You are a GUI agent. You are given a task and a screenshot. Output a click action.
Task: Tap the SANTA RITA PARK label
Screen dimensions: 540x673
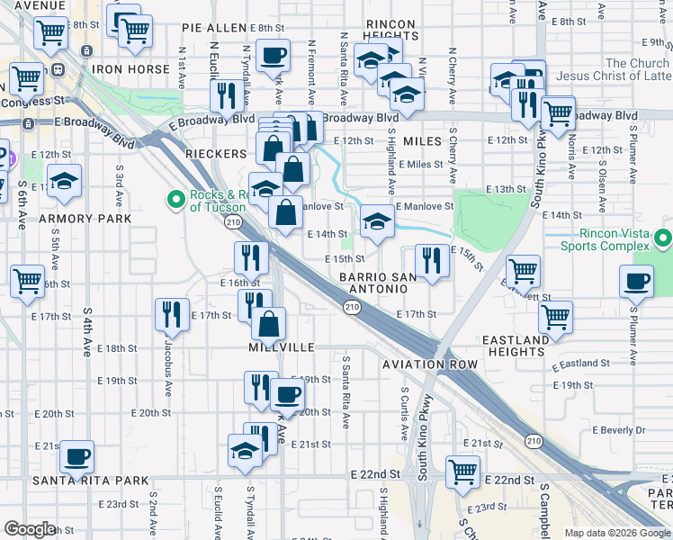(x=90, y=480)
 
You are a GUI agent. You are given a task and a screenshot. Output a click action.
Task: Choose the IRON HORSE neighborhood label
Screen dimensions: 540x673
(x=139, y=69)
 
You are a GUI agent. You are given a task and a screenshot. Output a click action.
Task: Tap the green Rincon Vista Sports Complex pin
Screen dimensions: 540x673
(x=664, y=238)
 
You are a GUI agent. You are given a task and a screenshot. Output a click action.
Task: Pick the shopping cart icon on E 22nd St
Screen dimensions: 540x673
(x=462, y=471)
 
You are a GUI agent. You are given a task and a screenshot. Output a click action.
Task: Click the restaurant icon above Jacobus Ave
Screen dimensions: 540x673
(x=170, y=314)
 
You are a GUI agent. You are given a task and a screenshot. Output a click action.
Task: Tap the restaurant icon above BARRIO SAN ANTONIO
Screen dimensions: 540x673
(x=432, y=261)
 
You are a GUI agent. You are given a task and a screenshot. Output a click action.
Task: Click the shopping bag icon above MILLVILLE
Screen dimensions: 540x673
(x=269, y=323)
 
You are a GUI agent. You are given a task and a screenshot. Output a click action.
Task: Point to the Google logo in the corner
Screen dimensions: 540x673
(x=30, y=528)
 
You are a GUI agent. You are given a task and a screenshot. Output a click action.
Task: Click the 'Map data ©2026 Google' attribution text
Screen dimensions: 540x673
(x=617, y=533)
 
